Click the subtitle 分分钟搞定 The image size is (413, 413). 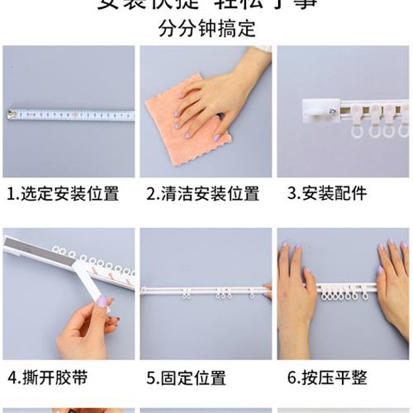pos(206,28)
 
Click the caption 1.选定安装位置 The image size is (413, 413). pos(63,194)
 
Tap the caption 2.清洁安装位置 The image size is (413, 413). pos(202,194)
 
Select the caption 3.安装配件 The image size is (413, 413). pos(327,194)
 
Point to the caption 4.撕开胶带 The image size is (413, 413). pos(47,378)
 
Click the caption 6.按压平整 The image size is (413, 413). pos(327,378)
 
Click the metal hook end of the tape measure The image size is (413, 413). pos(10,114)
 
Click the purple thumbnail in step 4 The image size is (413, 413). pos(102,300)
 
